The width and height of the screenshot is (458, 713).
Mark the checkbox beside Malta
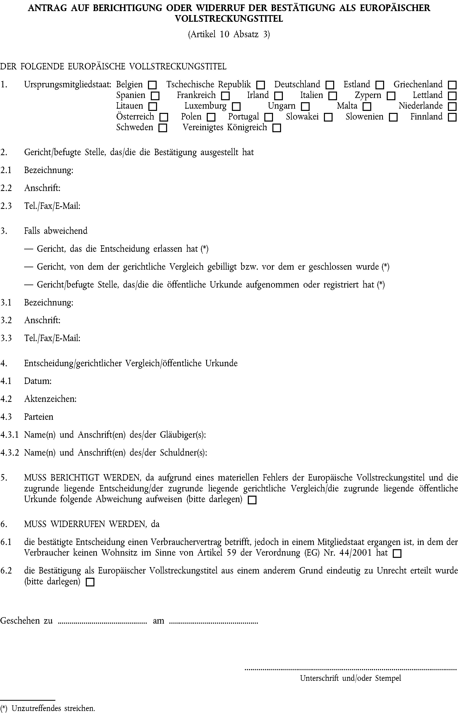[x=367, y=107]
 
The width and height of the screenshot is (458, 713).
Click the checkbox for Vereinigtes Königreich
[x=277, y=128]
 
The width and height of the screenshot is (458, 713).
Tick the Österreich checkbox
[x=163, y=117]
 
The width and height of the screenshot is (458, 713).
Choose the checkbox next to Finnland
[x=452, y=117]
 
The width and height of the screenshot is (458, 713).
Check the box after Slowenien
[x=393, y=117]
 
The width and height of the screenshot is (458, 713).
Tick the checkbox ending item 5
[x=252, y=500]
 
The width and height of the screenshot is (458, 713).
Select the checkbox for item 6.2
[x=90, y=582]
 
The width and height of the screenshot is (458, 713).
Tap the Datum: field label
[x=38, y=381]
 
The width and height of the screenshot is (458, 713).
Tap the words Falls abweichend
[x=56, y=231]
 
